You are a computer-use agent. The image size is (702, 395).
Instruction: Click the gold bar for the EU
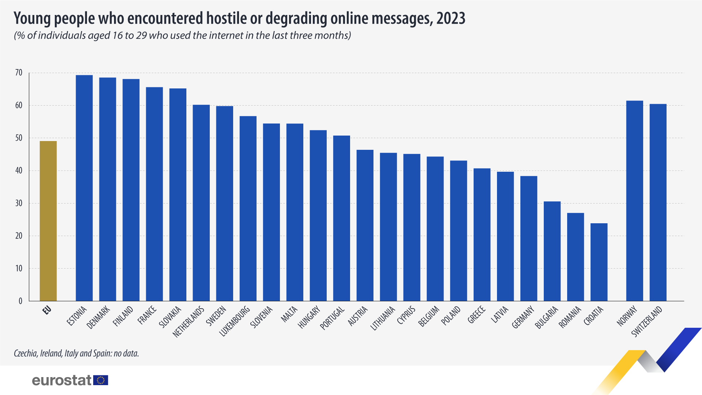tap(48, 221)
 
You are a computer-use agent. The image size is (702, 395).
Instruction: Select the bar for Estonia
tap(84, 188)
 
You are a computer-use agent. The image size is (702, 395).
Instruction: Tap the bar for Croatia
tap(599, 262)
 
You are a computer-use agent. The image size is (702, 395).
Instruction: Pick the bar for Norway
tap(634, 201)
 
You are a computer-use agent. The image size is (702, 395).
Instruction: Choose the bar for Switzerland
tap(658, 202)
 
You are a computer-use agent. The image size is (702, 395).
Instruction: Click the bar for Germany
tap(529, 239)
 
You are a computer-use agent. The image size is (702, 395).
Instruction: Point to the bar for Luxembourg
tap(248, 209)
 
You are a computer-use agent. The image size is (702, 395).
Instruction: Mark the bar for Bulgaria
tap(552, 251)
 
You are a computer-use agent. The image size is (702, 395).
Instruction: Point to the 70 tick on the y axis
tap(19, 73)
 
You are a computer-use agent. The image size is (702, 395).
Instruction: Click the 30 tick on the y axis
tap(19, 203)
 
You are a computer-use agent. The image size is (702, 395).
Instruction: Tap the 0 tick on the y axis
tap(20, 301)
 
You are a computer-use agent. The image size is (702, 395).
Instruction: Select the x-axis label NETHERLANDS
tap(189, 322)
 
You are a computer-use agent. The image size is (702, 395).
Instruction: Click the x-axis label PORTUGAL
tap(333, 318)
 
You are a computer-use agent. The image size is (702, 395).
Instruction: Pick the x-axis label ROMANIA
tap(570, 317)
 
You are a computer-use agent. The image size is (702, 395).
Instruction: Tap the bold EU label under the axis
tap(47, 310)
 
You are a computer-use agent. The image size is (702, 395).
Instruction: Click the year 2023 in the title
tap(451, 18)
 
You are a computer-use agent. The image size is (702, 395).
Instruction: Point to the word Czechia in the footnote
tap(26, 353)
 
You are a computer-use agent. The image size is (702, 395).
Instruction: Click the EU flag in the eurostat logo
tap(101, 380)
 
